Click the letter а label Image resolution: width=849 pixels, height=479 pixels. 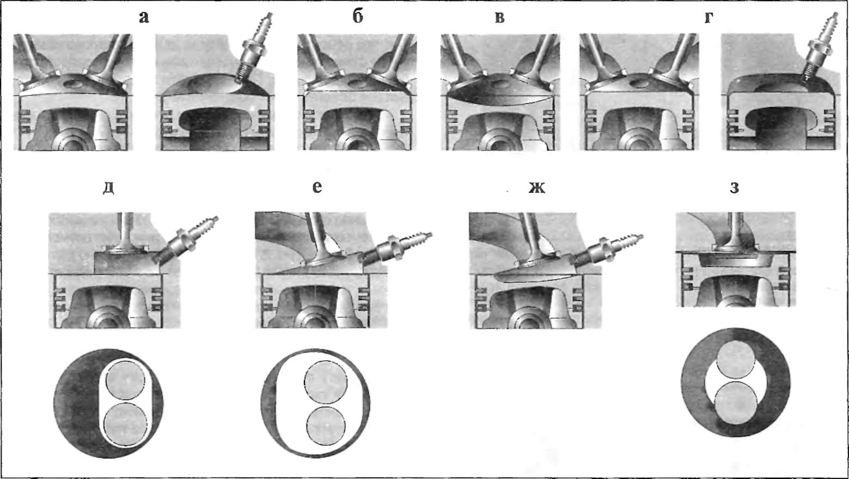pos(144,17)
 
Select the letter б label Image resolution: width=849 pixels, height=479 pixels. pos(358,16)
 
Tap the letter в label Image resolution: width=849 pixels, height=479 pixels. pos(500,17)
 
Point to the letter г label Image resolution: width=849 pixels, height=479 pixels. pos(708,17)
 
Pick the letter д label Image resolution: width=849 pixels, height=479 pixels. pos(109,188)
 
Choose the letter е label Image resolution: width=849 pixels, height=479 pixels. pos(317,186)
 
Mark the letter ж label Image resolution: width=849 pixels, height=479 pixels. pos(537,187)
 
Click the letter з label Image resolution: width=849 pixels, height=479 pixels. pos(734,188)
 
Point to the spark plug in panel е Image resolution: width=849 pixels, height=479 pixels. pos(395,248)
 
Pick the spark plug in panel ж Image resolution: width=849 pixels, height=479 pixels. pos(607,250)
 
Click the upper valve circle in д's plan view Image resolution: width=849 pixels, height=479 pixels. pos(125,380)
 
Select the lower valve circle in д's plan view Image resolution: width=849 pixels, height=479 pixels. pos(125,425)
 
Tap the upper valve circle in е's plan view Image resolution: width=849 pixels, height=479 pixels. pos(326,383)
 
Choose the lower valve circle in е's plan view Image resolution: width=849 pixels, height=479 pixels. pos(326,426)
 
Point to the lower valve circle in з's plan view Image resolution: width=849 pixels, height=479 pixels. pos(735,403)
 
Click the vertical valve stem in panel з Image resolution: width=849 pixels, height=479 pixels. pos(736,229)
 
